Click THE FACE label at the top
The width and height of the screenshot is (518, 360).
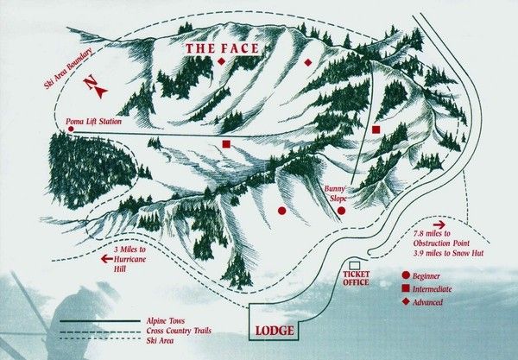click(221, 48)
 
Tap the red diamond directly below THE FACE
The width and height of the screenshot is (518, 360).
click(221, 63)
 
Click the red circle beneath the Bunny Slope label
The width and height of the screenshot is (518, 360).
click(341, 210)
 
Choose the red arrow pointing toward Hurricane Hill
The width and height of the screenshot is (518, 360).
click(109, 258)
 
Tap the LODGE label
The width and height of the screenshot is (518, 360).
click(274, 332)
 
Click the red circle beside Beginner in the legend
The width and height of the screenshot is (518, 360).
click(406, 277)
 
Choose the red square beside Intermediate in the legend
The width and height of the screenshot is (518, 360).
click(406, 289)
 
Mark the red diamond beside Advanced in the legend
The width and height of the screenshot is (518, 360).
click(406, 302)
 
